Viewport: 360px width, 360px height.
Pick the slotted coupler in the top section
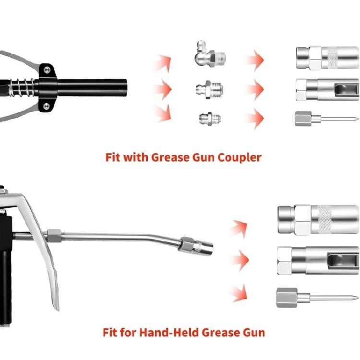326,89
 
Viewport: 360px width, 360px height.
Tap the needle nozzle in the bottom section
312,297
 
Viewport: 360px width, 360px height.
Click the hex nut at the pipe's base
52,235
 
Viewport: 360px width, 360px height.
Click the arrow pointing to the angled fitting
163,61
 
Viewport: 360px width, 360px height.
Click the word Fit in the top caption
113,157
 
